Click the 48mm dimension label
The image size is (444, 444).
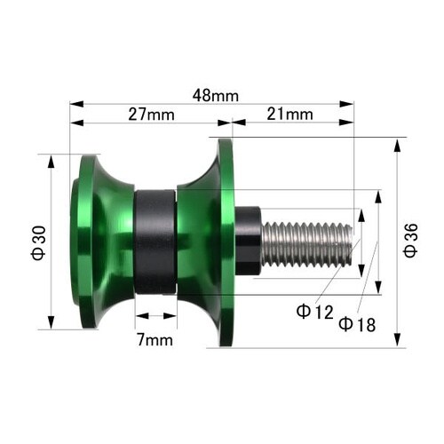[215, 96]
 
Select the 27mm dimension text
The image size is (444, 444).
[151, 115]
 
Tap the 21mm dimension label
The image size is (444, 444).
[289, 115]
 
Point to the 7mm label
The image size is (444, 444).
[155, 340]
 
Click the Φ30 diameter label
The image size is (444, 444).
[39, 243]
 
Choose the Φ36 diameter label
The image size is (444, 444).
[411, 241]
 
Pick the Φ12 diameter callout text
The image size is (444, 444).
[315, 312]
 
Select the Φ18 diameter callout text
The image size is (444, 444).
[357, 324]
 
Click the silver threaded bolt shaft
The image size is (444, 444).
[307, 244]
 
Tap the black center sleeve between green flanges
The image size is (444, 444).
[155, 242]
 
